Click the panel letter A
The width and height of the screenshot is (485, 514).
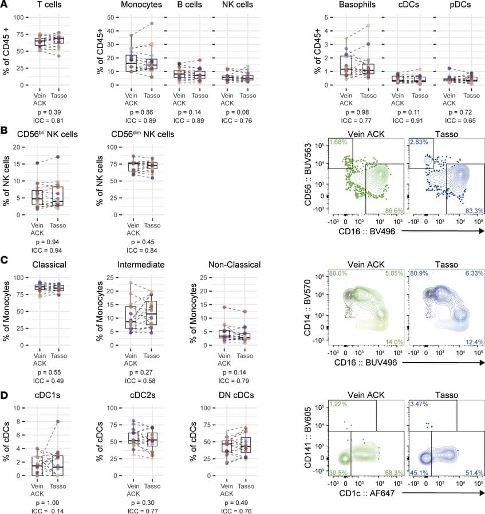click(5, 5)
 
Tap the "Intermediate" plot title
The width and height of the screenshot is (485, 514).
click(141, 265)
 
